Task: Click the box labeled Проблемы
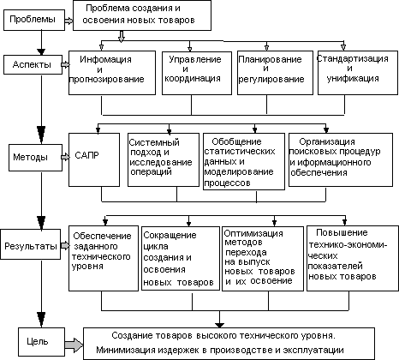click(x=34, y=20)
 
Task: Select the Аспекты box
click(x=33, y=65)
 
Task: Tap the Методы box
click(x=35, y=158)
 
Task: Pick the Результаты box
click(x=31, y=244)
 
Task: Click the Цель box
click(x=41, y=341)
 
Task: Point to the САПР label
click(x=86, y=155)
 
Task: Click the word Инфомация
click(x=105, y=59)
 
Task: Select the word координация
click(x=193, y=79)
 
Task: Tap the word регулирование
click(x=271, y=79)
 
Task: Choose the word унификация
click(x=353, y=79)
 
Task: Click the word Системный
click(x=154, y=142)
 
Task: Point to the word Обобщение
click(x=236, y=141)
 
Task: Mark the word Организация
click(x=327, y=141)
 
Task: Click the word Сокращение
click(x=170, y=235)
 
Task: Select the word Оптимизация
click(x=253, y=234)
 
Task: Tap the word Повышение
click(x=342, y=232)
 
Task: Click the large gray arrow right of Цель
click(x=74, y=345)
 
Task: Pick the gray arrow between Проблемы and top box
click(x=68, y=21)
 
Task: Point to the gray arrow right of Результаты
click(x=65, y=245)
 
